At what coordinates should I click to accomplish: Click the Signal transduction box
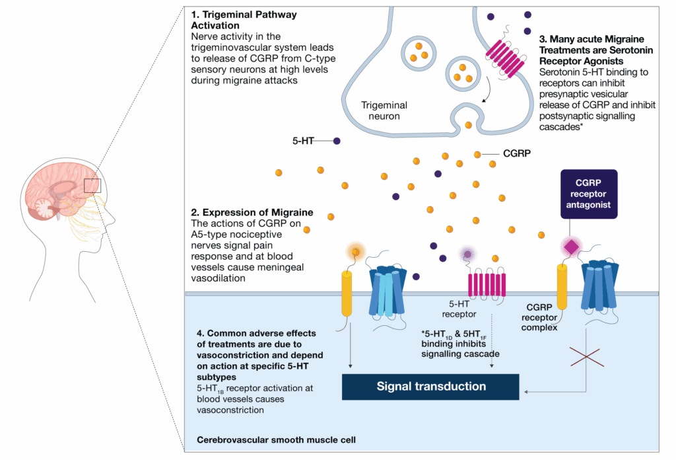point(431,387)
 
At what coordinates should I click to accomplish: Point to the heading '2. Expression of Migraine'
point(252,213)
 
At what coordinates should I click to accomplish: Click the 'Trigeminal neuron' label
point(384,110)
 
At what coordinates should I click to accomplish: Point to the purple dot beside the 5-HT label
point(337,141)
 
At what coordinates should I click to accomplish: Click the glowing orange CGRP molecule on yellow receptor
point(356,251)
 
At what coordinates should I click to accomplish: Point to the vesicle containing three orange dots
point(417,50)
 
